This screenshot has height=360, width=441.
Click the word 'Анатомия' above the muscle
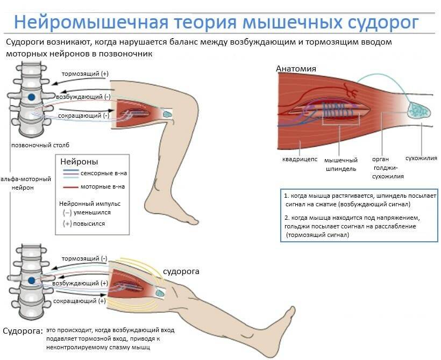click(296, 68)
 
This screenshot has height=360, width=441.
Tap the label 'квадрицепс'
click(300, 160)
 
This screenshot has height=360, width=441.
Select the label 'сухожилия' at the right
click(421, 159)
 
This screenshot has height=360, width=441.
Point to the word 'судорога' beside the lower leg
click(181, 271)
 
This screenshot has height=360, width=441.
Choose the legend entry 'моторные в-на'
click(102, 186)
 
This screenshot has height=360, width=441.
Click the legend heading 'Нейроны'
click(79, 161)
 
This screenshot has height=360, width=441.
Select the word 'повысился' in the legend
click(89, 224)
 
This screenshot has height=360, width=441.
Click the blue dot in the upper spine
click(32, 97)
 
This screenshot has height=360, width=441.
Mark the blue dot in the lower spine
click(32, 280)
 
